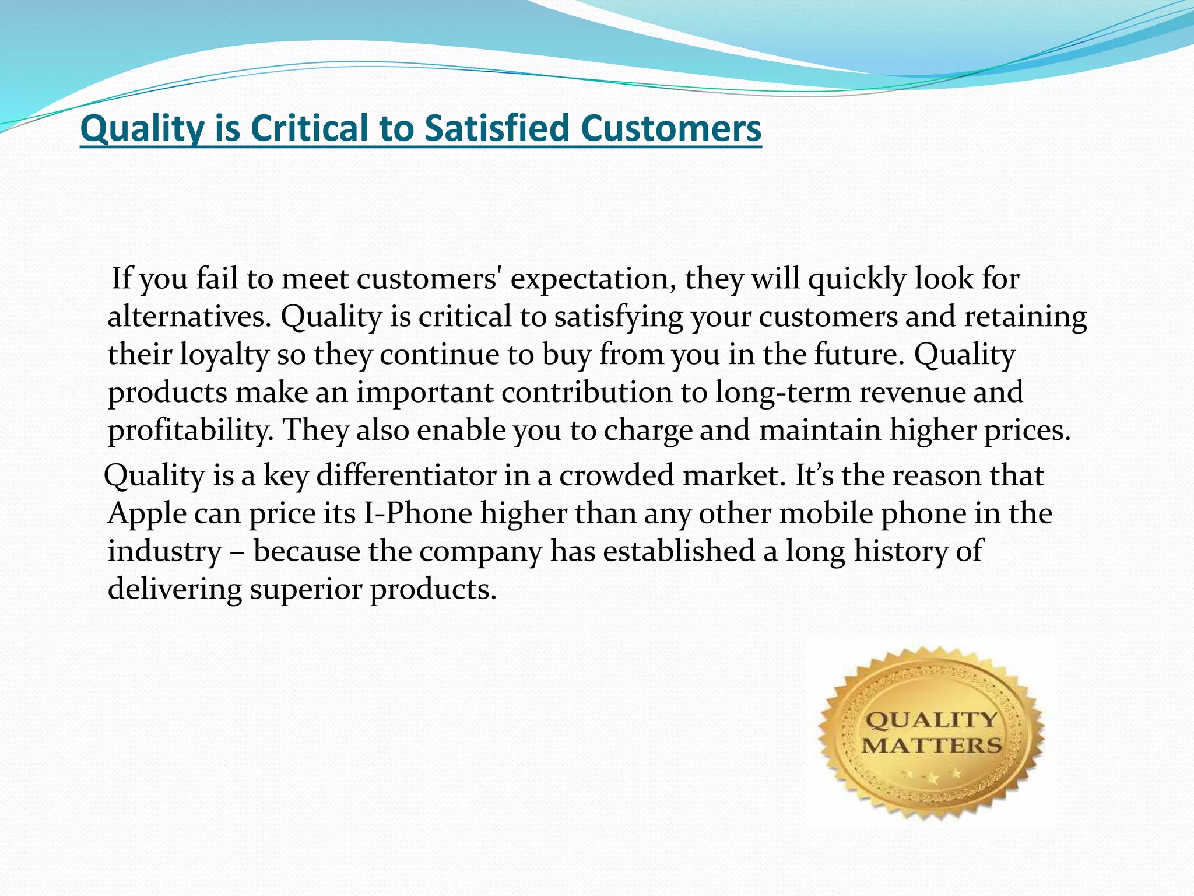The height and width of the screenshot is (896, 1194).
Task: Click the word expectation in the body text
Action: click(593, 279)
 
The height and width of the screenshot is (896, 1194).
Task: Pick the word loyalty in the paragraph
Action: click(224, 355)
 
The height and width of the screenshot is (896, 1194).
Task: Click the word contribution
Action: click(587, 392)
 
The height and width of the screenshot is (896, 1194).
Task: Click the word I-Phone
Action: click(417, 514)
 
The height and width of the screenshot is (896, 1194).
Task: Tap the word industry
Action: click(165, 551)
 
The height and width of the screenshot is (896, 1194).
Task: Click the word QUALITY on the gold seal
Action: click(931, 720)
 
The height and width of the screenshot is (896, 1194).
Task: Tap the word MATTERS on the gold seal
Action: click(932, 745)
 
